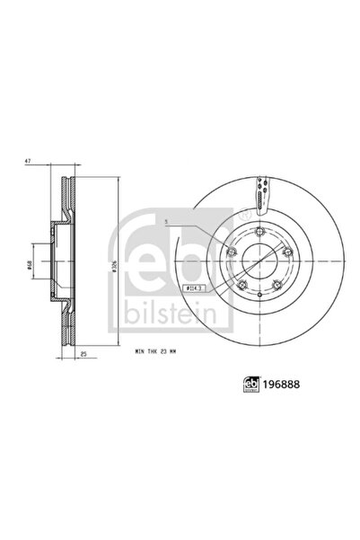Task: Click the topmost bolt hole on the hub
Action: click(258, 234)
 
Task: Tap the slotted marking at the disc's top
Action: click(261, 188)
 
